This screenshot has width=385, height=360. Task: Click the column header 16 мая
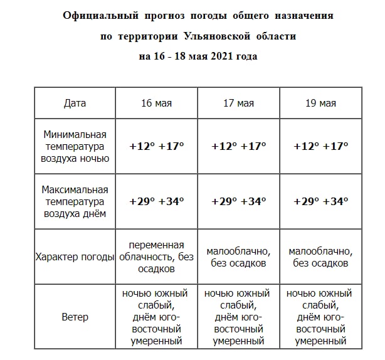coord(156,103)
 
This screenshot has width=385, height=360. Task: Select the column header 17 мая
coord(238,103)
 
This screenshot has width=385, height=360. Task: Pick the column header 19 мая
coord(320,103)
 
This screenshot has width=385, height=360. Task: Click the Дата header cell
coord(75,103)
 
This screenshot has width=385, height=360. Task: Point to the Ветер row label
coord(75,317)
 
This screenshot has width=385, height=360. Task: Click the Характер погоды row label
coord(75,257)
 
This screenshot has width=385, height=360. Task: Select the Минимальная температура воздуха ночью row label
coord(75,146)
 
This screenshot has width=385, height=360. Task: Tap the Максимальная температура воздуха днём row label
coord(75,201)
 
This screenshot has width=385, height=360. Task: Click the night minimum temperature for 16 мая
coord(156,146)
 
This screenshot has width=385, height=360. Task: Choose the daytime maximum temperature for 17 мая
coord(238,201)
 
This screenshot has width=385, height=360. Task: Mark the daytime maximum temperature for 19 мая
coord(320,201)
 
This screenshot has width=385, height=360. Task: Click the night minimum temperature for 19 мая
coord(320,146)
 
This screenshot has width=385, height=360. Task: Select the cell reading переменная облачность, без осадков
coord(156,257)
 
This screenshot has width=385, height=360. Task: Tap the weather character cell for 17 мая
coord(238,257)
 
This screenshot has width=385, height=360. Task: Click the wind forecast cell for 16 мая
coord(156,317)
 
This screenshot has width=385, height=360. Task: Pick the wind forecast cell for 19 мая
coord(320,317)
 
